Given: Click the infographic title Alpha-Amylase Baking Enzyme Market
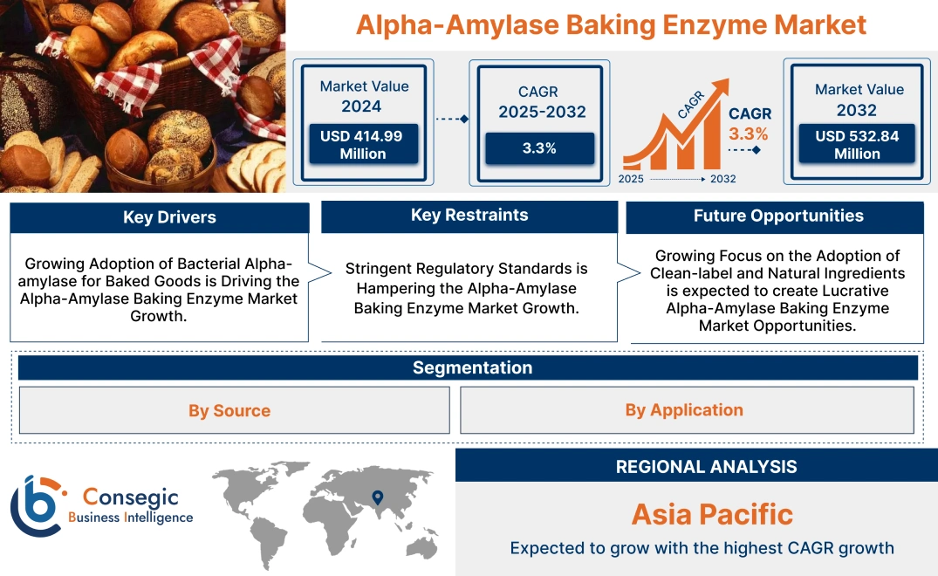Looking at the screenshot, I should [x=611, y=24].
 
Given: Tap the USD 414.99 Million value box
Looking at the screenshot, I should [x=362, y=144].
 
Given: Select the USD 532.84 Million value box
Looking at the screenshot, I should [x=857, y=144].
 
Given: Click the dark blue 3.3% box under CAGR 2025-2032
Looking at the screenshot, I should [x=539, y=148].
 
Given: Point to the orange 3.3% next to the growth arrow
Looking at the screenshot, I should [x=749, y=134].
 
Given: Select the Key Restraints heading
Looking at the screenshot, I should [x=469, y=216].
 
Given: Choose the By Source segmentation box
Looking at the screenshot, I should [x=229, y=410].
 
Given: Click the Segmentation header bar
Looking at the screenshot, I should [x=472, y=367].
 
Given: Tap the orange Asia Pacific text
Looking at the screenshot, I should [x=712, y=514].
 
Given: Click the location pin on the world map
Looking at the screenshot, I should [x=378, y=497].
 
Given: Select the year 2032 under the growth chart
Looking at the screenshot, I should [x=722, y=179].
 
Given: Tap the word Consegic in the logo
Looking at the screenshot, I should [x=131, y=497].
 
